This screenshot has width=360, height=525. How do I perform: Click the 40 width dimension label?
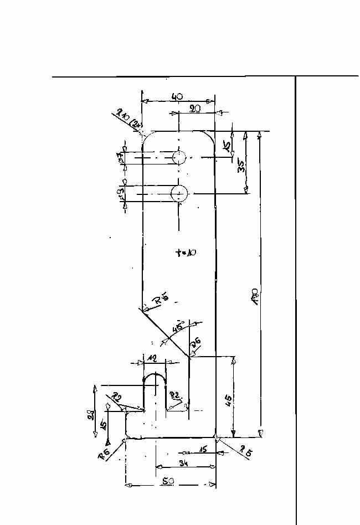pyautogui.click(x=177, y=97)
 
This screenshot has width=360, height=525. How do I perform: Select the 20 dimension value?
pyautogui.click(x=194, y=109)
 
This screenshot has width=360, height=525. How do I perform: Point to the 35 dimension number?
pyautogui.click(x=242, y=166)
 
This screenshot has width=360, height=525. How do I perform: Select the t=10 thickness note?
pyautogui.click(x=186, y=253)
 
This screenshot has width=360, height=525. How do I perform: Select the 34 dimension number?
pyautogui.click(x=184, y=464)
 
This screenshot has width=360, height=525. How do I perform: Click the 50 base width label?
pyautogui.click(x=169, y=482)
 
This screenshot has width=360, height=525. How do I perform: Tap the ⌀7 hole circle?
pyautogui.click(x=179, y=158)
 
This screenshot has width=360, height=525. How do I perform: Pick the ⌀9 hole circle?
pyautogui.click(x=179, y=193)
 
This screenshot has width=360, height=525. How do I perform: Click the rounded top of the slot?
pyautogui.click(x=155, y=377)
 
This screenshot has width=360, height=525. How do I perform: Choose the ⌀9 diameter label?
pyautogui.click(x=121, y=194)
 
